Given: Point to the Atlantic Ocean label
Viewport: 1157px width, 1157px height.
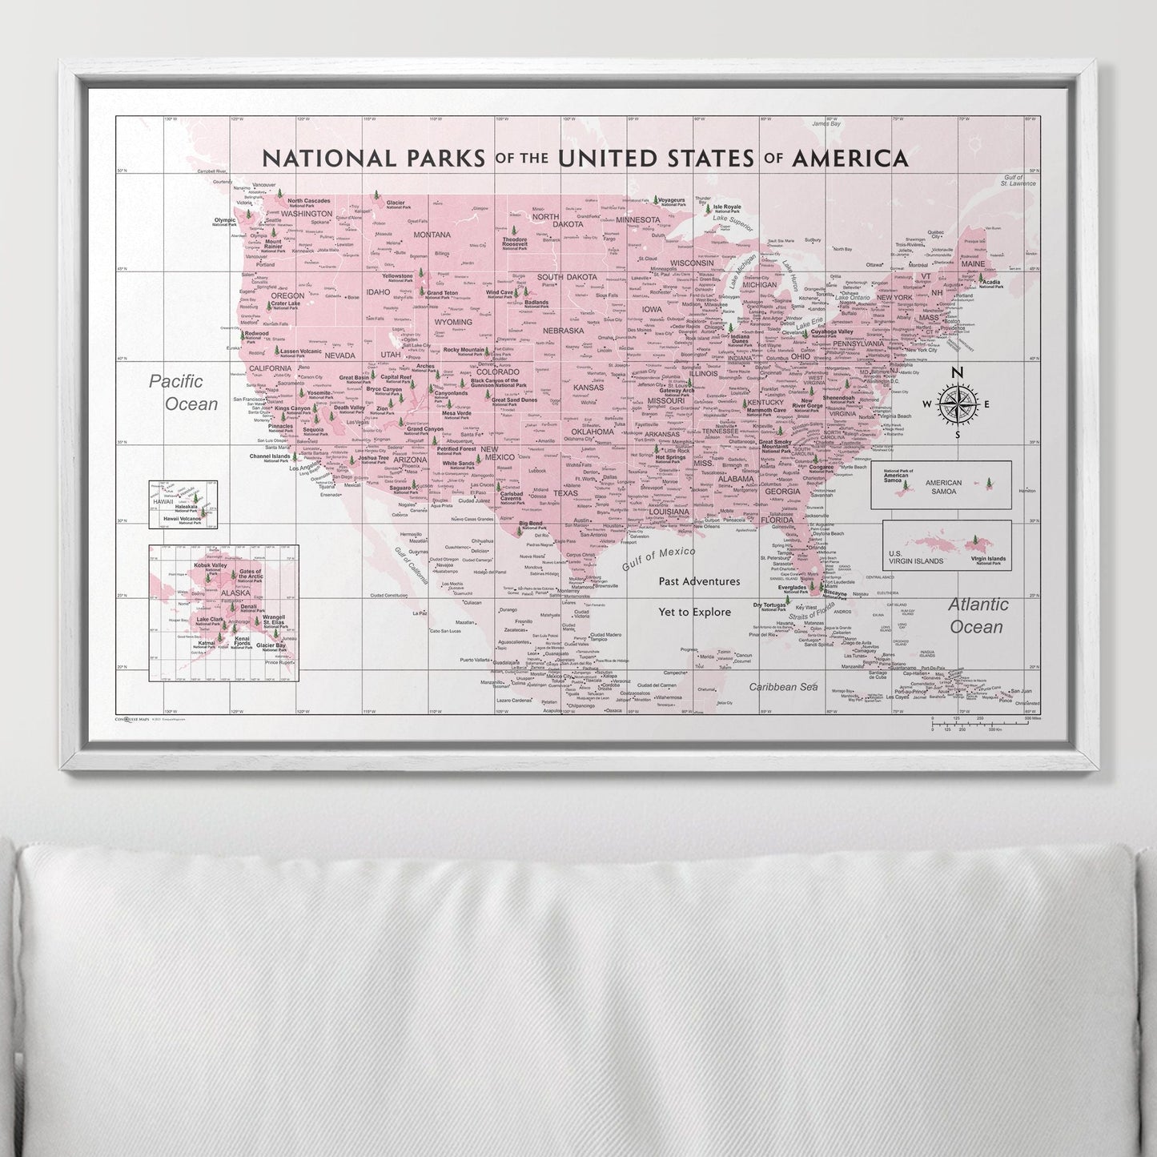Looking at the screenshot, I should click(x=978, y=616).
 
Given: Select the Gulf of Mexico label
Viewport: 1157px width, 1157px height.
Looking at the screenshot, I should click(x=658, y=558).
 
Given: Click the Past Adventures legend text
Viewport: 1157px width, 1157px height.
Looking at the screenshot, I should click(x=699, y=581).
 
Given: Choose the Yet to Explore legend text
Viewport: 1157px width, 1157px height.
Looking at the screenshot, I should click(x=694, y=612).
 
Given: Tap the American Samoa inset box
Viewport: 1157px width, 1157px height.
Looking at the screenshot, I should click(x=941, y=484).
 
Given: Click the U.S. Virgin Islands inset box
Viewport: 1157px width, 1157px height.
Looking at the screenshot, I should click(x=946, y=545).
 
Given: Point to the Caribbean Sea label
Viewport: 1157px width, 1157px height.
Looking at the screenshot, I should click(x=783, y=687).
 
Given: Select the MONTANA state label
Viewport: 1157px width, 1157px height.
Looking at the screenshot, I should click(x=432, y=235).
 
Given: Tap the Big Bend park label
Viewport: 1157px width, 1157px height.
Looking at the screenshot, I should click(x=531, y=524).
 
